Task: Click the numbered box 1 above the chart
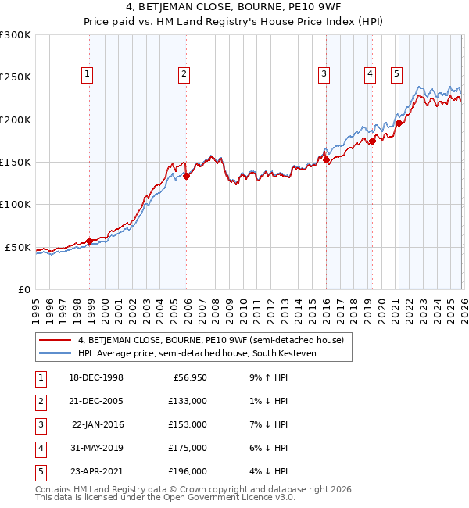(x=86, y=74)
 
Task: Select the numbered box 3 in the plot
(x=323, y=74)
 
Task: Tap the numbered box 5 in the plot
(x=396, y=74)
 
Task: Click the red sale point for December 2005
(x=186, y=176)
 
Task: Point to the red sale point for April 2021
(x=399, y=123)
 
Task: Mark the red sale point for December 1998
(x=90, y=241)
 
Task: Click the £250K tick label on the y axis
(x=15, y=77)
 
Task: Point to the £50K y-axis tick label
(x=17, y=247)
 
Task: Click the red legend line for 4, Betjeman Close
(x=56, y=340)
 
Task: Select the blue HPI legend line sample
(x=56, y=354)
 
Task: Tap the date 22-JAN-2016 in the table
(x=98, y=424)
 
